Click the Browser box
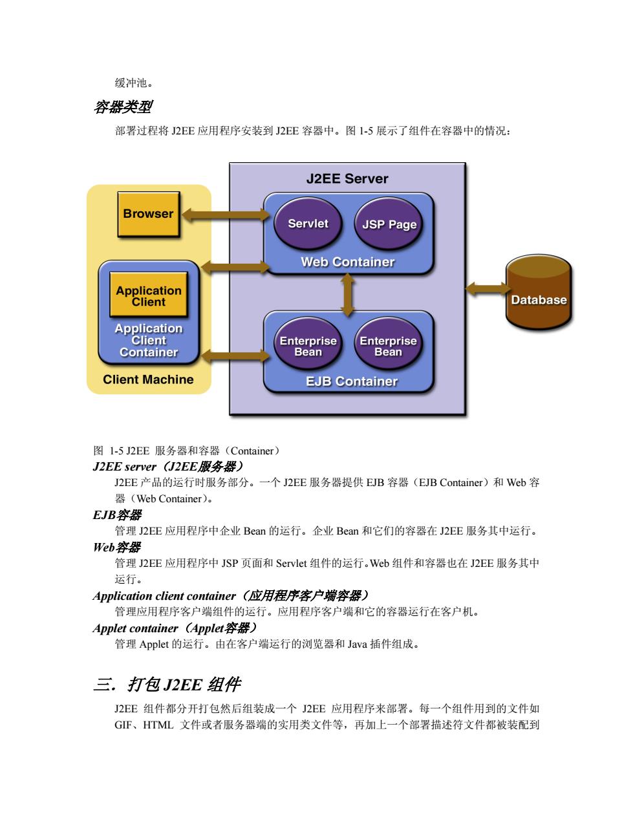[x=149, y=214]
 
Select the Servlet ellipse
[x=308, y=224]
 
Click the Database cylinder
[x=539, y=292]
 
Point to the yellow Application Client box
[x=149, y=294]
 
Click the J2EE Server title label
[x=347, y=178]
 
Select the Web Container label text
[x=348, y=262]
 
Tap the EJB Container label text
[x=352, y=381]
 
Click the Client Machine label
[x=148, y=379]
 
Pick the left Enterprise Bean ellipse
[x=308, y=343]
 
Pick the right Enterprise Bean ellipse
[x=389, y=343]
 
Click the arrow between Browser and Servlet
[x=226, y=215]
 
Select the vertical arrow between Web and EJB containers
[x=347, y=294]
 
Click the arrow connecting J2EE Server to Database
[x=488, y=289]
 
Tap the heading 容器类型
[x=123, y=107]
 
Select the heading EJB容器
[x=117, y=515]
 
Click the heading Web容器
[x=117, y=548]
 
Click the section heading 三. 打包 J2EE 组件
[x=167, y=684]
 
